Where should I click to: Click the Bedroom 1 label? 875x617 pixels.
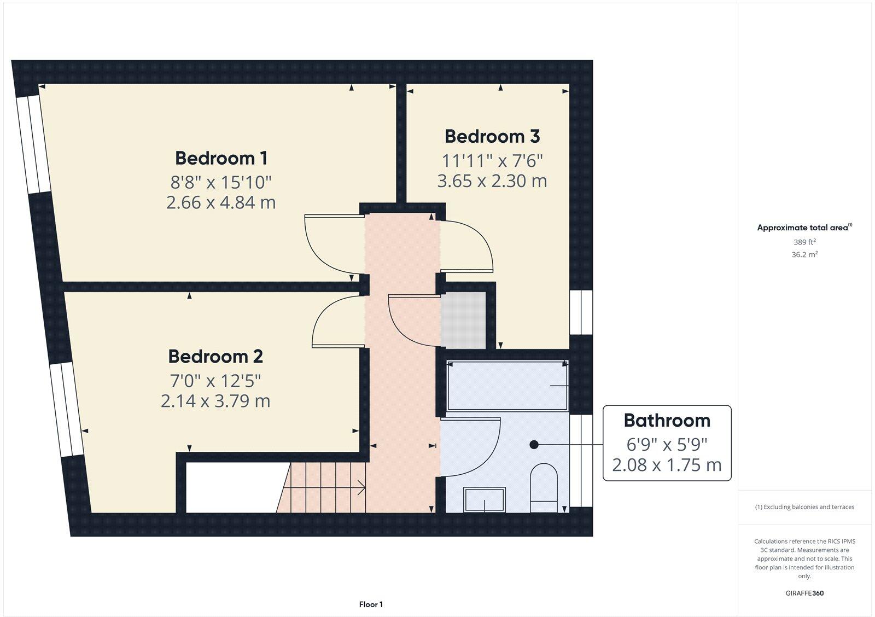221,158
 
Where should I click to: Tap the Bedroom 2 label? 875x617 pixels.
215,356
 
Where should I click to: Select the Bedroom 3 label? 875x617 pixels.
492,136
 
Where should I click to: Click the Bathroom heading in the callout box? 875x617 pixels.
667,420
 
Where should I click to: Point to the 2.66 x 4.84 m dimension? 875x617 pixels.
221,202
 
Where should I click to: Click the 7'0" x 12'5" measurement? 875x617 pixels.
215,379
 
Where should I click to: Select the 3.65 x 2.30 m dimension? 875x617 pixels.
492,181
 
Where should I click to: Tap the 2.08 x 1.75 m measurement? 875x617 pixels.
667,465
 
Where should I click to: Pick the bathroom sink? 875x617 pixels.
485,499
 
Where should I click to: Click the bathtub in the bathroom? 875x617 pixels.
507,385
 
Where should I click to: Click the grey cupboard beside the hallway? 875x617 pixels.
463,321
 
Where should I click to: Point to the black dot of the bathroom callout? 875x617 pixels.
534,445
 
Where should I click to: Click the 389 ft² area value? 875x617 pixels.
804,242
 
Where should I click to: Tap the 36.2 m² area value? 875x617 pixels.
804,254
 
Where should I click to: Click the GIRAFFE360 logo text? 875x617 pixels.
804,593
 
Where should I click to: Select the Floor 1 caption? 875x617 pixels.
371,604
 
